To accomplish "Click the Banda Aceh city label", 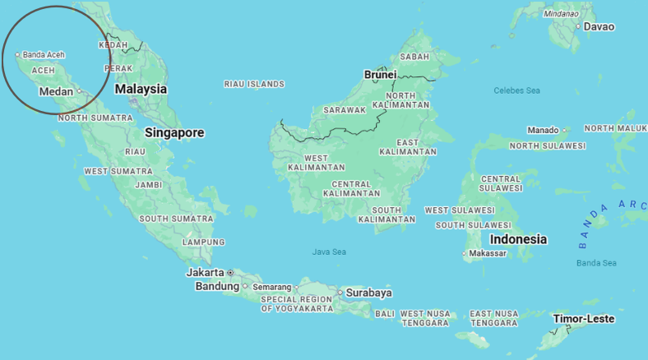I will (44, 55).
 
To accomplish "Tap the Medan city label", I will (56, 91).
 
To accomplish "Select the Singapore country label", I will (174, 132).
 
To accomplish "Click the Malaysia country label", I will (141, 89).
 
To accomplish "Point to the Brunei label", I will (381, 74).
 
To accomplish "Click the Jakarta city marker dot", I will (230, 272).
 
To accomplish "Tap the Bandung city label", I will (216, 286).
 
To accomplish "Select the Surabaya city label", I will (368, 293).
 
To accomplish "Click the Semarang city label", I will (271, 287).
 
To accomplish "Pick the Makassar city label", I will (489, 254).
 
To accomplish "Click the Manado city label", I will (543, 130).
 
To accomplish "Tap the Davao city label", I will (599, 26).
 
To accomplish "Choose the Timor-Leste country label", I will (583, 319).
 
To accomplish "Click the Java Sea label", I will (329, 252).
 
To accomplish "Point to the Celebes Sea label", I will (516, 90).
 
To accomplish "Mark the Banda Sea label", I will (596, 263).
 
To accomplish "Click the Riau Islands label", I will (254, 84).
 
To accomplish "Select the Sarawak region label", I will (344, 110).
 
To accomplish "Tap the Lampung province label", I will (203, 242).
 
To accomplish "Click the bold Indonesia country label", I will (518, 239).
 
